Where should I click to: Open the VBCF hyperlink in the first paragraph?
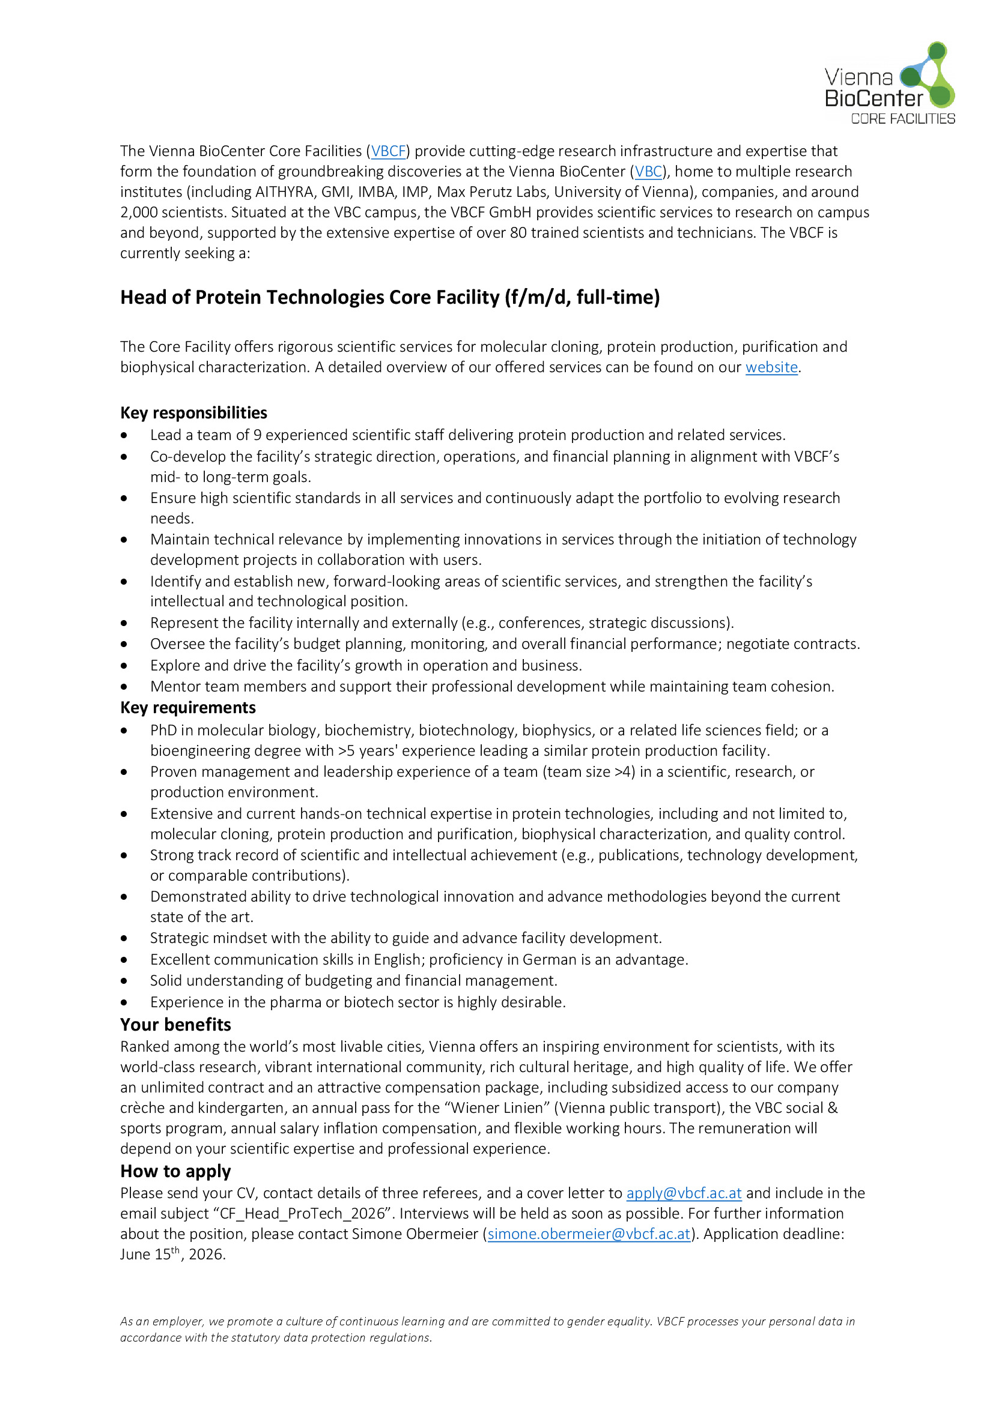(389, 151)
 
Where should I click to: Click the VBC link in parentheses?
(649, 172)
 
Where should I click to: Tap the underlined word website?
(771, 367)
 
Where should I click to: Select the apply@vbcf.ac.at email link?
(684, 1193)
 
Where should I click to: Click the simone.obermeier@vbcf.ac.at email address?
(589, 1234)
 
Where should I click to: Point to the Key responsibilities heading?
(193, 413)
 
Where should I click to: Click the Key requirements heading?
(188, 708)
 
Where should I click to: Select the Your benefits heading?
(175, 1025)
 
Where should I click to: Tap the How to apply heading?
(175, 1171)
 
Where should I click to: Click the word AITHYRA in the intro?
(284, 192)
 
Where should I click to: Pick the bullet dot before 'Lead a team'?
(124, 435)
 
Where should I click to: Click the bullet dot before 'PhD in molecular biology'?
(124, 731)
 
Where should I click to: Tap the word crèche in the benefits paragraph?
(142, 1108)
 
